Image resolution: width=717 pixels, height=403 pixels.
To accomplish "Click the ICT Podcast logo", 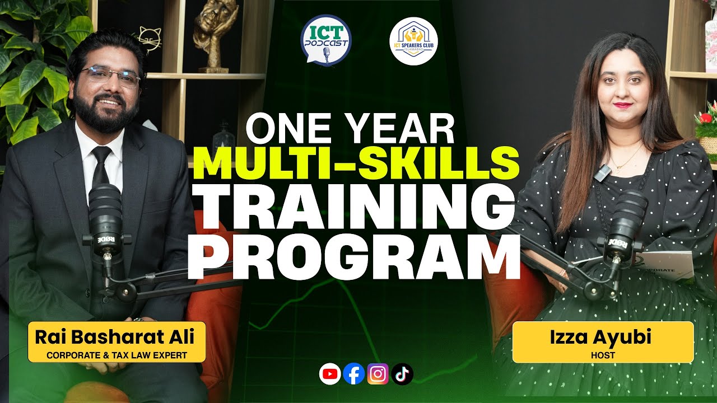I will (x=325, y=40).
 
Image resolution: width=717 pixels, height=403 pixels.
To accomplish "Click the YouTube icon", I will (x=330, y=374).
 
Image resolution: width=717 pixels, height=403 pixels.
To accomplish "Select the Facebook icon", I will (x=354, y=374).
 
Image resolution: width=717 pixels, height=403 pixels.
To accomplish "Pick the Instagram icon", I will (x=378, y=374).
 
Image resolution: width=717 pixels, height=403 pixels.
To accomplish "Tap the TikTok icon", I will (x=402, y=374).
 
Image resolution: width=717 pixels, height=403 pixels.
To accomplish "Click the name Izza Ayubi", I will (x=603, y=338).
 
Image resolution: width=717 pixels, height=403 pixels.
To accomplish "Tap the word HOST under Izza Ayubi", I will (x=603, y=355).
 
